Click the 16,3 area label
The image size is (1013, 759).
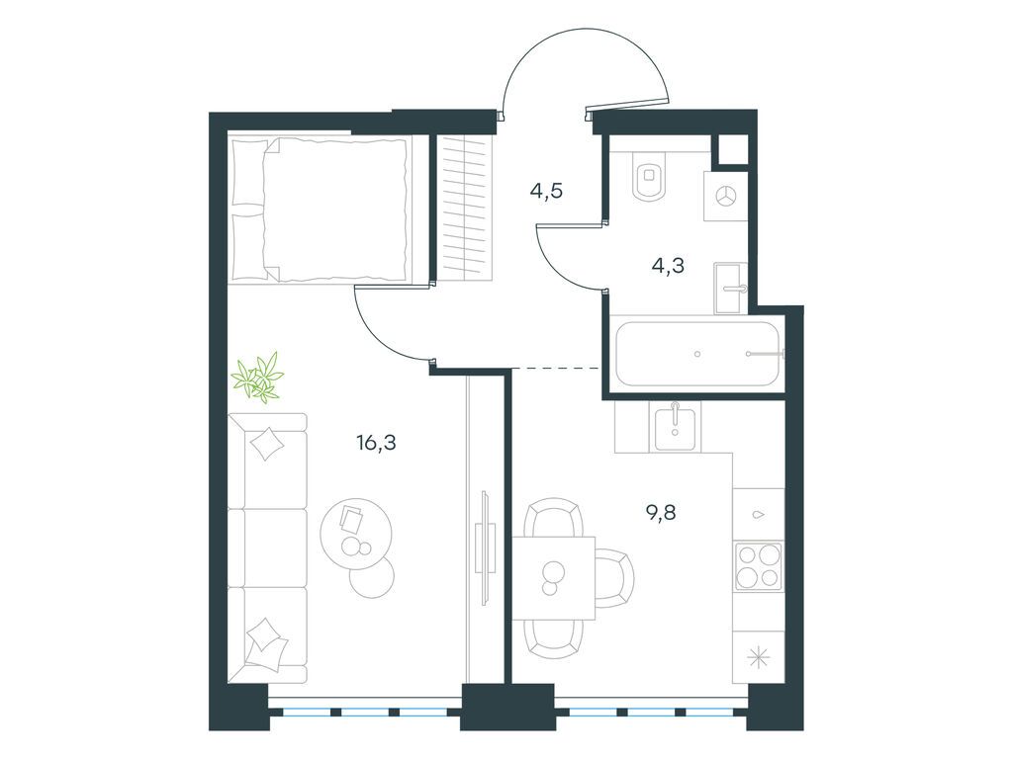point(376,442)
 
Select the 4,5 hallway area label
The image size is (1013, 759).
point(546,191)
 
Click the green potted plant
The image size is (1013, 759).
point(258,377)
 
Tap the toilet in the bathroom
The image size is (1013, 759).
point(650,178)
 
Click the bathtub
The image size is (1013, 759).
point(698,354)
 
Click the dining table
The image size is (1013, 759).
point(554,578)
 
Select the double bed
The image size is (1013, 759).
point(321,210)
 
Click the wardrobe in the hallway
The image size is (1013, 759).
point(465,208)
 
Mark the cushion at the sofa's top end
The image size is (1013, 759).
point(266,444)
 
